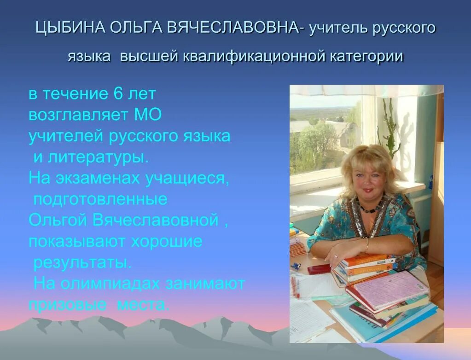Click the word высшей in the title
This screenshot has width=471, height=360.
click(x=149, y=56)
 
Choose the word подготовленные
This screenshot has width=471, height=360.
click(x=100, y=199)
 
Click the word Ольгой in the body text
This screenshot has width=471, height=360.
click(x=58, y=220)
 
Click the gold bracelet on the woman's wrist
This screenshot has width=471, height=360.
click(x=366, y=244)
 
